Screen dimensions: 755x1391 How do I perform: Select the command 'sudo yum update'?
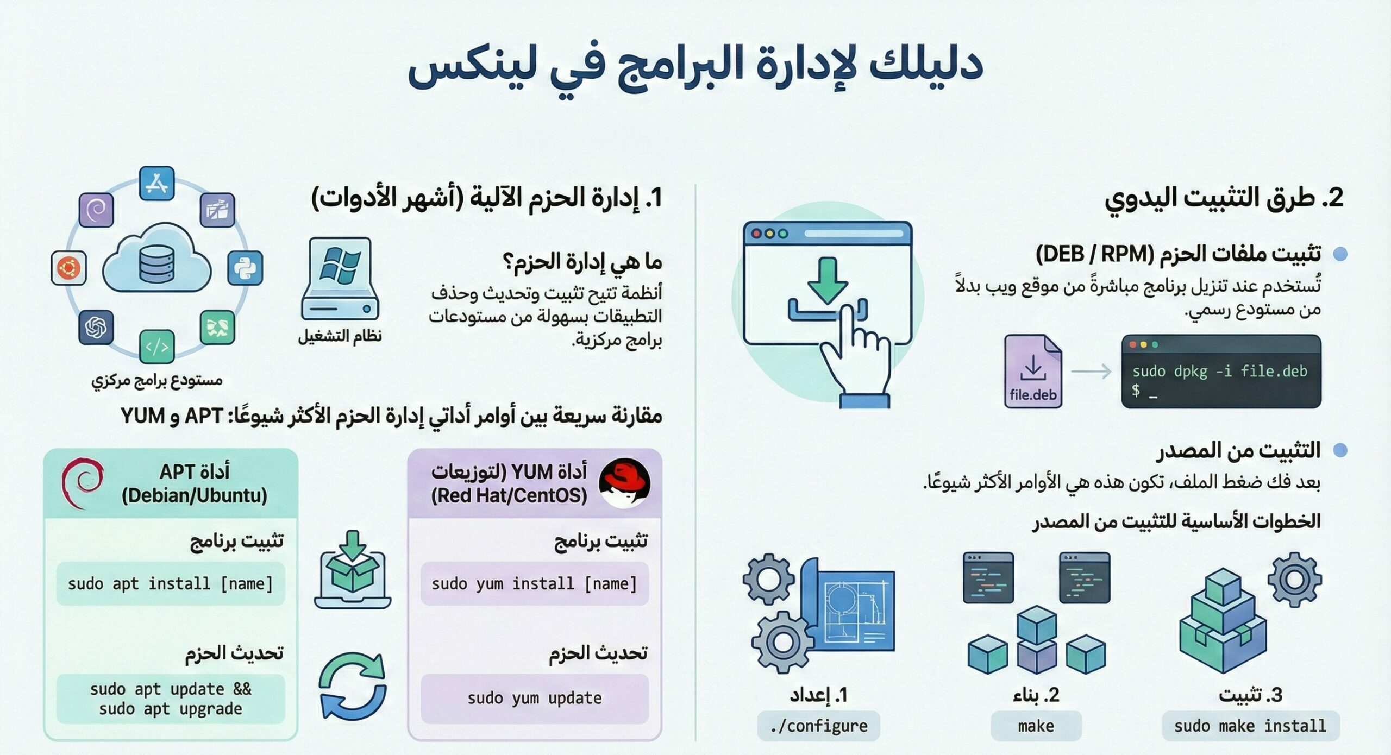[535, 699]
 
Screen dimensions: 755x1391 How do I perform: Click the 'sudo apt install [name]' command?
[170, 584]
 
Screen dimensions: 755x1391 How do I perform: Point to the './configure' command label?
[818, 726]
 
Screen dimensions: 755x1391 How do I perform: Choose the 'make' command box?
[1036, 726]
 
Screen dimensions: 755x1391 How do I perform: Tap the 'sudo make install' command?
[1250, 726]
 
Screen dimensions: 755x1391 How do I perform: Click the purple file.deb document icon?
[1032, 371]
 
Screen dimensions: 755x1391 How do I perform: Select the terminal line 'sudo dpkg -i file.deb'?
[1220, 372]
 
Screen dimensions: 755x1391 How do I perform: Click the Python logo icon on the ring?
[245, 268]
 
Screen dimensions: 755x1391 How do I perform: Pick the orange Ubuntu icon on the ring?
[68, 268]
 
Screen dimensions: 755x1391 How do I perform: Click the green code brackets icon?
[157, 346]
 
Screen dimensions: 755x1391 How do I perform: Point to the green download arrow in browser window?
[827, 280]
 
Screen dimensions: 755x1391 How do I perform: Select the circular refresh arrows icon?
[353, 685]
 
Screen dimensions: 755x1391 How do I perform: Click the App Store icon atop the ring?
[157, 184]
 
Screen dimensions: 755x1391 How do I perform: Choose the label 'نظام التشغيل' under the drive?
[340, 336]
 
